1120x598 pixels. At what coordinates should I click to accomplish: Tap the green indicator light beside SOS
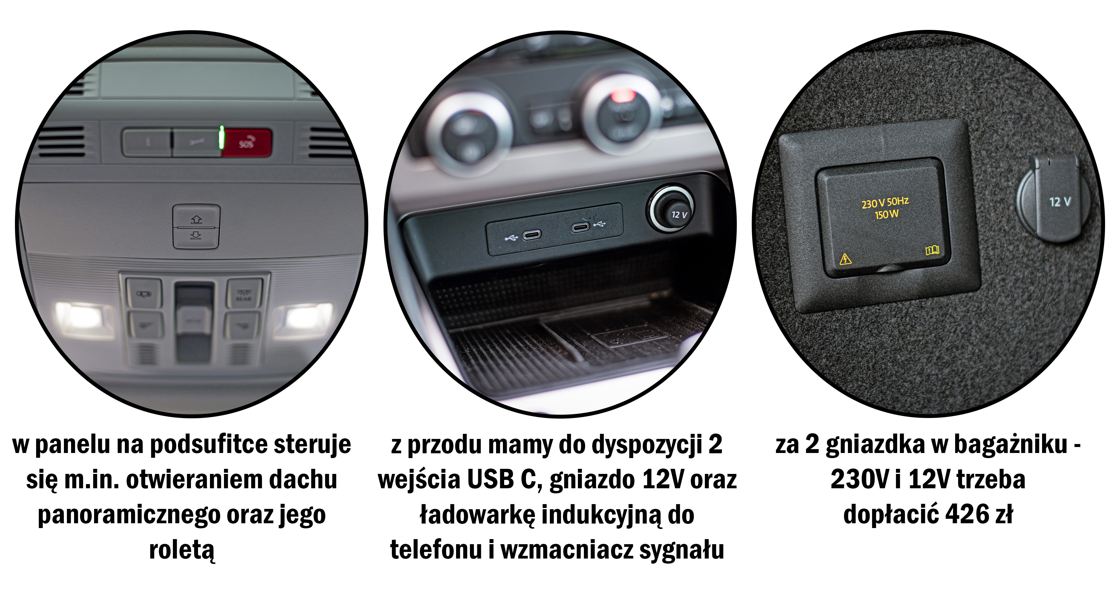222,137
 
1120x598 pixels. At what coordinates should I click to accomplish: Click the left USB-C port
532,235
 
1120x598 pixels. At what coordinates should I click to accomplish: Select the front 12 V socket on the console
672,209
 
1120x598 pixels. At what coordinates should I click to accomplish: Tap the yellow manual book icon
932,250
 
